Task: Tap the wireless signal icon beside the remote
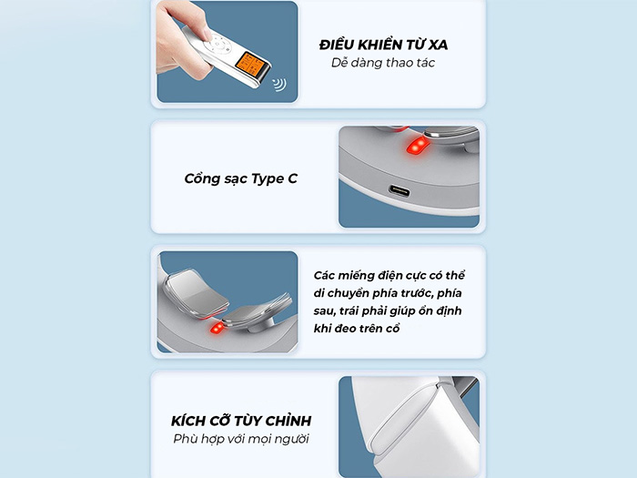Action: pos(278,86)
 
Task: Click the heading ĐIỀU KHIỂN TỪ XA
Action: pos(383,45)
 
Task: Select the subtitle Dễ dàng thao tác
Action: pos(383,63)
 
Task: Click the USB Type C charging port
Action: pos(399,190)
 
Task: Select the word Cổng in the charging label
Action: pos(204,178)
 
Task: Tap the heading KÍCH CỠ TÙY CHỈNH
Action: pos(241,421)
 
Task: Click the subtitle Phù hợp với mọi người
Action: pos(241,439)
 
